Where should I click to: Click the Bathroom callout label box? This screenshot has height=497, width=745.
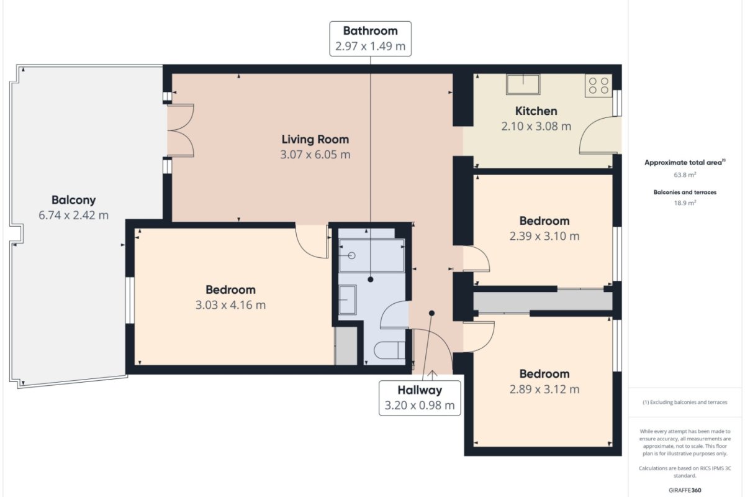pos(370,39)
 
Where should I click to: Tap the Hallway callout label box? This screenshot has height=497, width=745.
pos(420,398)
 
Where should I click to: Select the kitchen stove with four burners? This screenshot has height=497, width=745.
pos(598,86)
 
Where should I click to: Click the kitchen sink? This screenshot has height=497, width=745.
pos(523,84)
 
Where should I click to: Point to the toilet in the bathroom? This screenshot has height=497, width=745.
pos(389,350)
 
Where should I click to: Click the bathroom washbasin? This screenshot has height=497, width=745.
pos(348,299)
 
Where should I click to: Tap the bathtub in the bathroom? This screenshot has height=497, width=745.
pos(371,255)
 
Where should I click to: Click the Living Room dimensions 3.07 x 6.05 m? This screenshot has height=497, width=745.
pos(315,155)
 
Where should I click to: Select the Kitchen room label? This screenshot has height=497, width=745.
pos(536,111)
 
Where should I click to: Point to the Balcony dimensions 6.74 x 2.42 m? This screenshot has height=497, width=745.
pos(73,215)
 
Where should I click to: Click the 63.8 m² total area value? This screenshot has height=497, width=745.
pos(685,175)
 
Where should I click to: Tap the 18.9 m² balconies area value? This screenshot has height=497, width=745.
pos(685,203)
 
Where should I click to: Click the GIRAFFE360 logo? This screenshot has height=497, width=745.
pos(685,490)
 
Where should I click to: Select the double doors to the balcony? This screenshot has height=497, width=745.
pos(181,130)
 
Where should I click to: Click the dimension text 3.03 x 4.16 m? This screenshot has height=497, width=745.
pos(230,305)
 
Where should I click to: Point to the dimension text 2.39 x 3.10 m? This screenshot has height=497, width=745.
pos(544,236)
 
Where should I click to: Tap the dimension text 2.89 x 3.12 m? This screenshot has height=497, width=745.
pos(544,389)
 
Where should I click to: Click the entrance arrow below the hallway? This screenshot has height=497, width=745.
pos(432,375)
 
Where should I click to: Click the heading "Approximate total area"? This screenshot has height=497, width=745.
pos(683,162)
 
